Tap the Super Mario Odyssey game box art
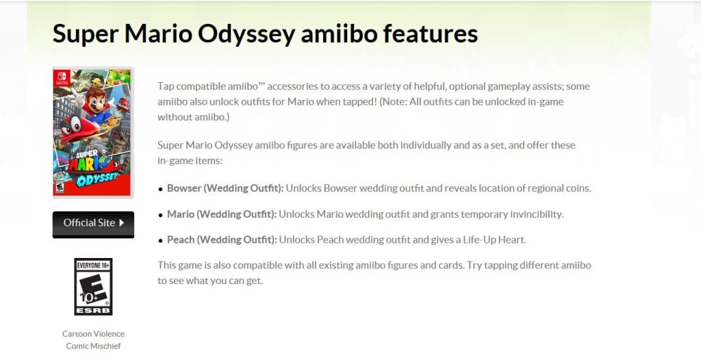[x=92, y=132]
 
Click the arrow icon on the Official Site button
[x=121, y=222]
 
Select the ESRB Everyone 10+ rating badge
[x=93, y=287]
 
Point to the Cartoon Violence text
[x=93, y=334]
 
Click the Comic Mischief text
[x=93, y=346]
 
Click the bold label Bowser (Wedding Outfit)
[x=225, y=188]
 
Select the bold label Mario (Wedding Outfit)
[x=222, y=214]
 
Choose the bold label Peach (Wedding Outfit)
[x=222, y=240]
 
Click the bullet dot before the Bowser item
[x=161, y=189]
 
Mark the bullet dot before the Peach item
[x=161, y=241]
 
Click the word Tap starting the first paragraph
[x=166, y=86]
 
